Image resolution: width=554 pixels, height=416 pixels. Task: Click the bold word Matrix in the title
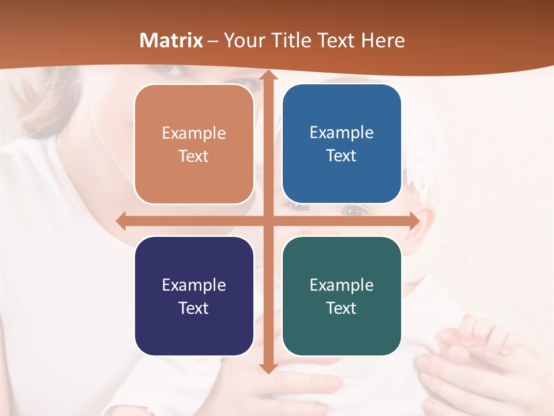tap(171, 40)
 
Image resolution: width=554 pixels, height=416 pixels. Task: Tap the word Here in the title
tap(383, 40)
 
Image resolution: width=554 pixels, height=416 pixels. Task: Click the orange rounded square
tap(194, 144)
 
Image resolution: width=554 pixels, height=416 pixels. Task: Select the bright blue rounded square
tap(342, 144)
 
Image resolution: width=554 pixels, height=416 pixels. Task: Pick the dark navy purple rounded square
tap(194, 296)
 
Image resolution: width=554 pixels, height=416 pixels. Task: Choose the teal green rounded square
tap(342, 296)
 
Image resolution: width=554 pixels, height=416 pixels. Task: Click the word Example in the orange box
tap(194, 133)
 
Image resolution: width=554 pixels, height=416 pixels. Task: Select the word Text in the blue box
tap(342, 156)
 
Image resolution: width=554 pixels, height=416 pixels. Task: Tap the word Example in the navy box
tap(194, 285)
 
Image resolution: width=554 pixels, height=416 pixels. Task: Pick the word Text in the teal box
tap(342, 308)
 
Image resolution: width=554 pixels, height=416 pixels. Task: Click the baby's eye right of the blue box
tap(354, 210)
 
